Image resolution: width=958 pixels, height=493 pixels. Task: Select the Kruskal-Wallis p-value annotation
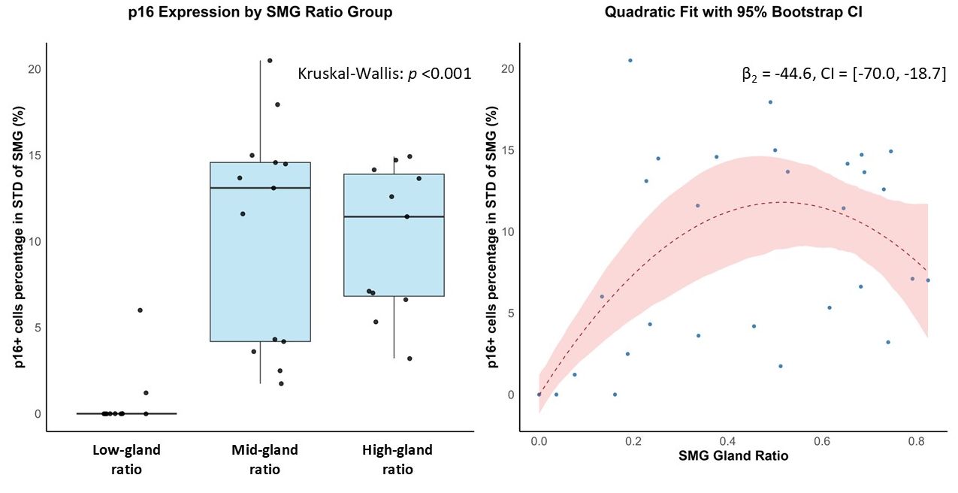(x=385, y=74)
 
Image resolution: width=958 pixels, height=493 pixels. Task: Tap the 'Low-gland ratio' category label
(x=126, y=460)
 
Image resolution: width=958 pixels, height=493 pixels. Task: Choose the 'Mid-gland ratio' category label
(x=264, y=460)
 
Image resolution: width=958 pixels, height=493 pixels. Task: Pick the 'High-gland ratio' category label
(x=397, y=460)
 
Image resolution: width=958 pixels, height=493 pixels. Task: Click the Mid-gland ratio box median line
(x=260, y=187)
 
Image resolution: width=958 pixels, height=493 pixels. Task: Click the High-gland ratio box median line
(x=394, y=216)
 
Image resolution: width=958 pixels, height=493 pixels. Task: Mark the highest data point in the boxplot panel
(x=270, y=60)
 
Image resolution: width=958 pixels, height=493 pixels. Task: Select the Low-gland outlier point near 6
(x=140, y=310)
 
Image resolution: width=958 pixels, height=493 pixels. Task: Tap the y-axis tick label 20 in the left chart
(x=34, y=68)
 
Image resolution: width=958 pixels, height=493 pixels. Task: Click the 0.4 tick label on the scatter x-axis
(x=727, y=440)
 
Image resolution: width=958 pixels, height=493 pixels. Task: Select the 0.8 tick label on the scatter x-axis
(x=917, y=440)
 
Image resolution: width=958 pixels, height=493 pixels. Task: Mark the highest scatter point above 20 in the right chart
(x=630, y=60)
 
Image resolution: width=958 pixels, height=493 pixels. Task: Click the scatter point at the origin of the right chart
(x=539, y=394)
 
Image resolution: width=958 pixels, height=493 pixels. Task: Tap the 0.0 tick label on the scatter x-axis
(x=539, y=440)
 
